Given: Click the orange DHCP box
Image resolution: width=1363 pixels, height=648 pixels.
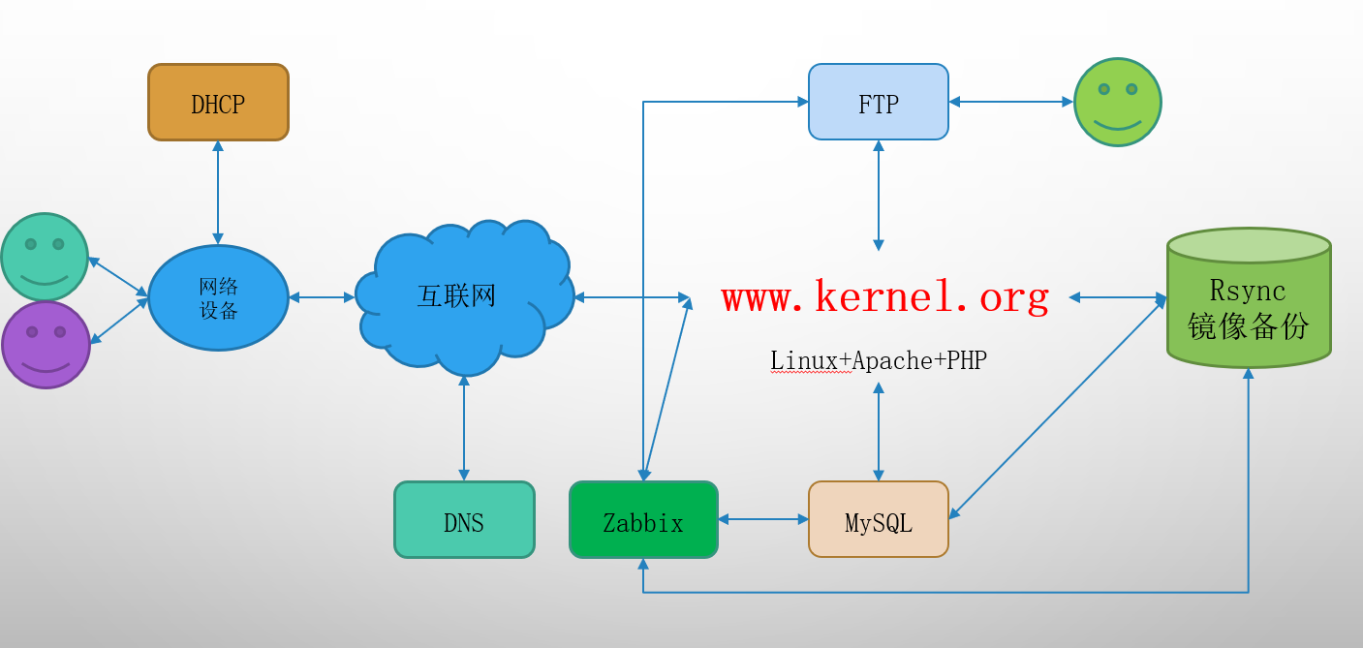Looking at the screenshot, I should coord(218,103).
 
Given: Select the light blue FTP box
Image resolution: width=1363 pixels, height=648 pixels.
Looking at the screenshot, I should coord(878,102).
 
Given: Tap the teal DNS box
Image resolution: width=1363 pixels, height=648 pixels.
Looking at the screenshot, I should coord(464,520).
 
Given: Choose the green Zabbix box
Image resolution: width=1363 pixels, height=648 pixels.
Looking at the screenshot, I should coord(643,520).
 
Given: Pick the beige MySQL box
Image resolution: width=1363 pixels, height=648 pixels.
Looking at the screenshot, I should coord(878,520).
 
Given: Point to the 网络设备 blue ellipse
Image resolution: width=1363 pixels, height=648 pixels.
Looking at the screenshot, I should coord(218,297).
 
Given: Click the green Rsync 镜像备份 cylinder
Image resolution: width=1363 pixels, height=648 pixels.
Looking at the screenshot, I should coord(1248,300).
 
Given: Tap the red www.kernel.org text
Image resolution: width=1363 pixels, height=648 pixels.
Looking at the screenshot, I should coord(884,296).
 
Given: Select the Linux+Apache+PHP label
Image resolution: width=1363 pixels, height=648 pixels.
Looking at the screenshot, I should coord(878,360).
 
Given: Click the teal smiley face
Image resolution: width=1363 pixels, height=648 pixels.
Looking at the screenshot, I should coord(45,257).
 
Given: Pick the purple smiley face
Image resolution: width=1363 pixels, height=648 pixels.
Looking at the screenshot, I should coord(46,344).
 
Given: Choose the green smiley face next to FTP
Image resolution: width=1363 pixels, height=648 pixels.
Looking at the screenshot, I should coord(1117,102).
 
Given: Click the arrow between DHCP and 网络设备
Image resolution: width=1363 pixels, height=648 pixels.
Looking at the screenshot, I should coord(218,192).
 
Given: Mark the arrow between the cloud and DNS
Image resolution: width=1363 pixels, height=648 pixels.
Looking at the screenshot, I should coord(464,427).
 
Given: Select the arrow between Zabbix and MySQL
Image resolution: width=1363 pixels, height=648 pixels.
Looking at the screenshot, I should coord(763,520).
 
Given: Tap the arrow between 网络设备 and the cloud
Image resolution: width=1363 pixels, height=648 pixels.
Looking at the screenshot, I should coord(322,297).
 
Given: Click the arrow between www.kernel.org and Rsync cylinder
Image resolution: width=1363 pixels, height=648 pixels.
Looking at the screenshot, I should coord(1116,297).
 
